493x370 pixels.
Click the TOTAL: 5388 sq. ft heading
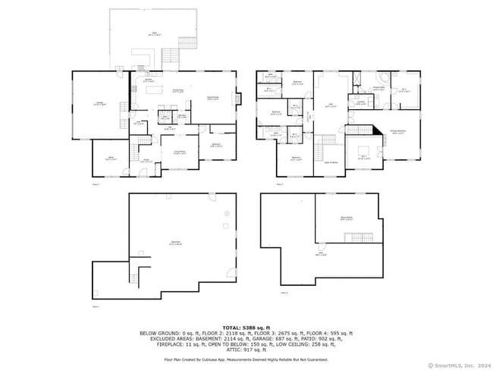[x=246, y=325]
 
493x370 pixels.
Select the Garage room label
[x=99, y=104]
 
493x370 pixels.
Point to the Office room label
[x=110, y=159]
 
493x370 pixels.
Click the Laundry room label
[x=361, y=102]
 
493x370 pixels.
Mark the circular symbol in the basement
[x=225, y=216]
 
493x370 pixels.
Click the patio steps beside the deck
[x=171, y=58]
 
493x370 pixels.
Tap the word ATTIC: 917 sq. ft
[x=245, y=350]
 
